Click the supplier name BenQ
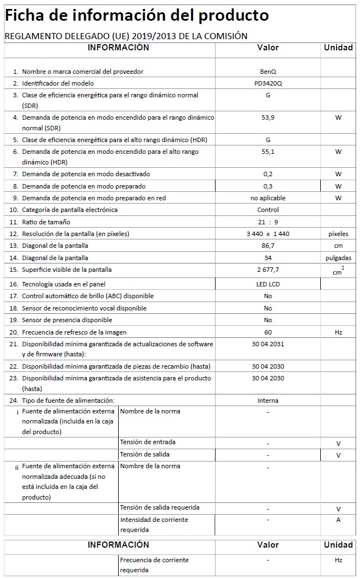tap(268, 72)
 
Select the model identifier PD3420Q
tap(268, 83)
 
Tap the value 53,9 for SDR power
tap(268, 118)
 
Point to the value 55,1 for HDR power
tap(268, 152)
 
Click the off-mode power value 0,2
tap(268, 174)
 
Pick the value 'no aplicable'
tap(268, 198)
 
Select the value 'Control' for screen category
tap(268, 210)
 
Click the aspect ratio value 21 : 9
tap(268, 222)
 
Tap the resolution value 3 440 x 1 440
tap(268, 234)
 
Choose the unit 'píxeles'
tap(338, 234)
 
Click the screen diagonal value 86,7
tap(268, 246)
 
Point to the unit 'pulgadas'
tap(338, 258)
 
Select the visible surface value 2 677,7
tap(268, 270)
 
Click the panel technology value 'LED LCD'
tap(268, 284)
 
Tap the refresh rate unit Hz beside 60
tap(338, 332)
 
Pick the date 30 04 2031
tap(268, 344)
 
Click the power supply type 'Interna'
tap(268, 401)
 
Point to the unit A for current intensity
tap(338, 520)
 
